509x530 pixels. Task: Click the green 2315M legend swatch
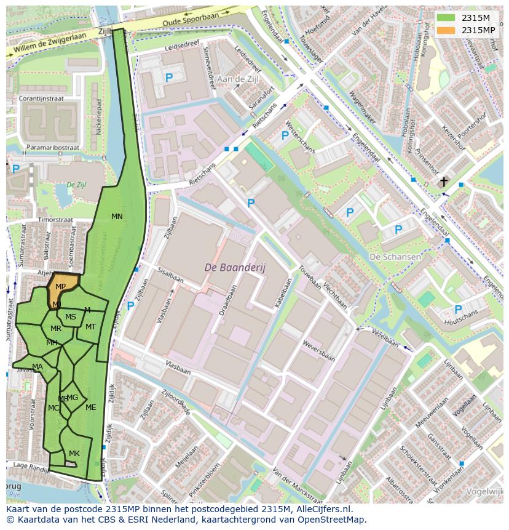coord(447,18)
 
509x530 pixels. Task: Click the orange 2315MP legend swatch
coord(447,30)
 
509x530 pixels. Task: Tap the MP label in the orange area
coord(61,287)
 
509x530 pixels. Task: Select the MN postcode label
coord(117,216)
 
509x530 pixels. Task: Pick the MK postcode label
coord(74,454)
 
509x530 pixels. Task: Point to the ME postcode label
coord(91,408)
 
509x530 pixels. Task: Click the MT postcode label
coord(90,327)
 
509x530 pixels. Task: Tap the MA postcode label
coord(37,367)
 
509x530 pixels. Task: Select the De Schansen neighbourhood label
coord(395,257)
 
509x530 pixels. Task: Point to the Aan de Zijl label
coord(238,79)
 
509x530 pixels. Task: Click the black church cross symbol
coord(444,182)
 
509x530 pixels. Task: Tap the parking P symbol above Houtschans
coord(457,309)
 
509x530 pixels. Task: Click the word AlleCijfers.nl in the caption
coord(322,509)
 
